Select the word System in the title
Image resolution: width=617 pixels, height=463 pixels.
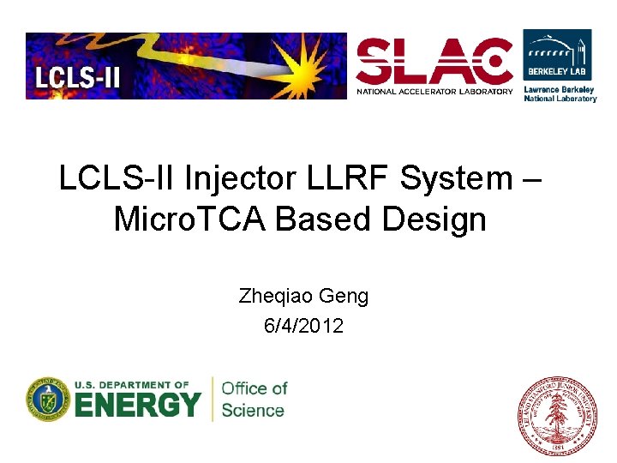pos(455,178)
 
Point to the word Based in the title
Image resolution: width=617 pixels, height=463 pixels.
pos(322,219)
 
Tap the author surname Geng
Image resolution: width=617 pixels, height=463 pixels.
pos(344,297)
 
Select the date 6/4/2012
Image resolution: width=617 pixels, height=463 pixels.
pos(303,325)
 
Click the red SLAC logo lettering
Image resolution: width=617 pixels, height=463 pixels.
pos(434,62)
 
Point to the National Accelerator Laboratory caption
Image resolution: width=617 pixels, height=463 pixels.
pos(434,91)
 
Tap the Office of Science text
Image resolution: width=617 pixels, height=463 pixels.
pos(253,400)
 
